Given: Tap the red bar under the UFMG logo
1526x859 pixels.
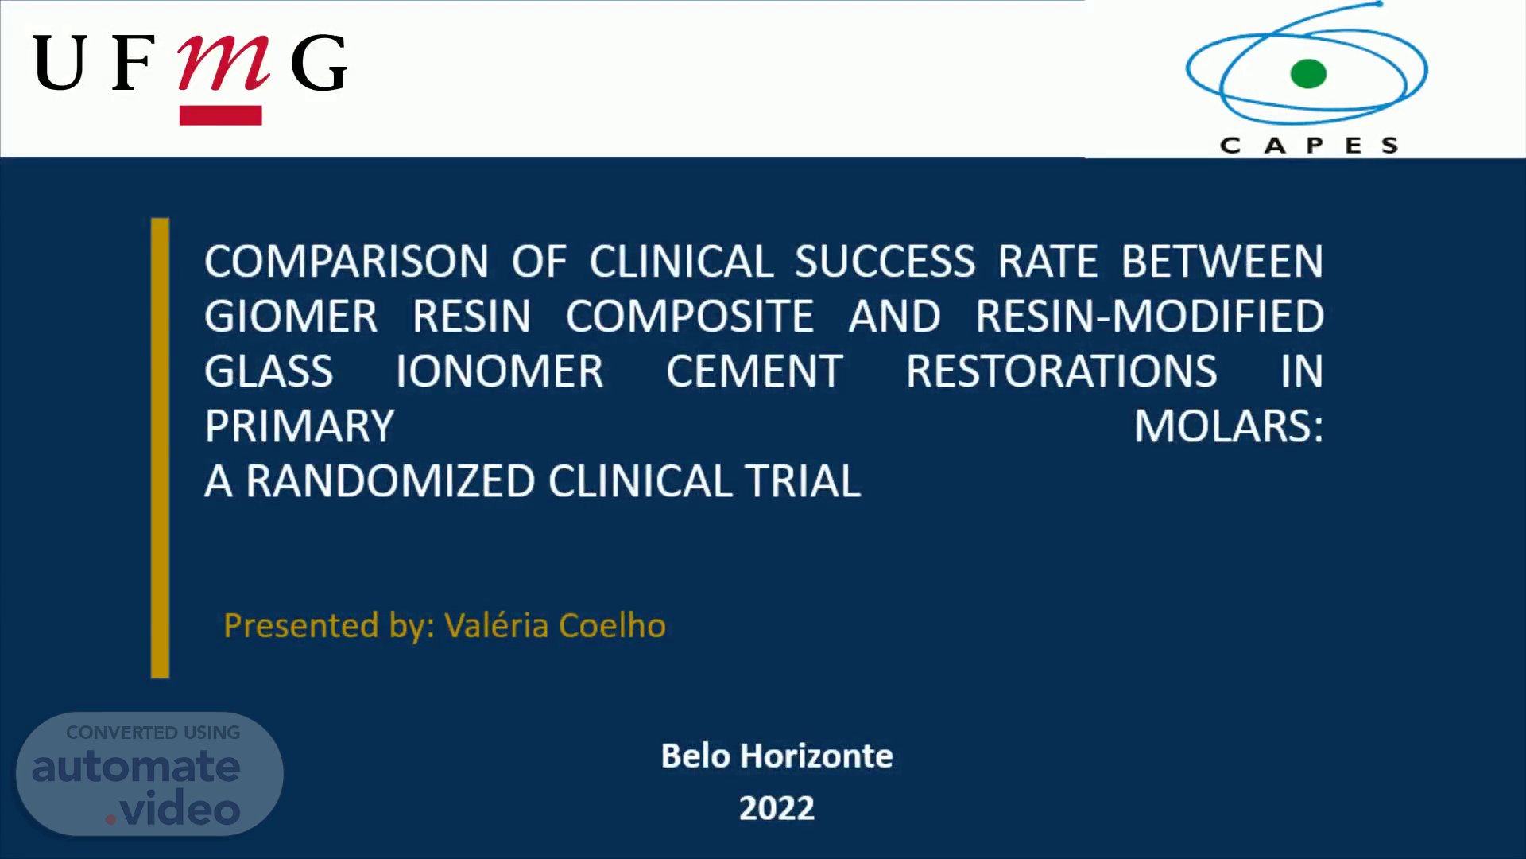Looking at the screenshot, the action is pyautogui.click(x=221, y=115).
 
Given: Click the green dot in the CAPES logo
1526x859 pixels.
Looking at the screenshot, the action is pyautogui.click(x=1308, y=74).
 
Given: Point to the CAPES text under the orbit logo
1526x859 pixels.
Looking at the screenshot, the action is pyautogui.click(x=1309, y=146).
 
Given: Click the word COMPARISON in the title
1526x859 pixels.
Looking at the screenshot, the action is pyautogui.click(x=347, y=262).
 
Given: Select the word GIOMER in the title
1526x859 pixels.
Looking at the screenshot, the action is pyautogui.click(x=291, y=317).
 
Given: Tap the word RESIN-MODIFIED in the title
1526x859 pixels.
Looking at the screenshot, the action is pyautogui.click(x=1149, y=317).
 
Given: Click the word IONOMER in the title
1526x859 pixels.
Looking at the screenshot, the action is pyautogui.click(x=500, y=371).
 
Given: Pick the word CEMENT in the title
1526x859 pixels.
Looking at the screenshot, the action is pyautogui.click(x=754, y=371).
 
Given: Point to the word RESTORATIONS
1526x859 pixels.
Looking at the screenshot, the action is pyautogui.click(x=1061, y=371).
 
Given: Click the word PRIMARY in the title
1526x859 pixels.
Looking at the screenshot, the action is pyautogui.click(x=300, y=426).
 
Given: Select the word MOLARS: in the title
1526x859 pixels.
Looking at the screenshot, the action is pyautogui.click(x=1229, y=426).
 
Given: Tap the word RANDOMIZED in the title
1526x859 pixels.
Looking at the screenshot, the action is pyautogui.click(x=391, y=481).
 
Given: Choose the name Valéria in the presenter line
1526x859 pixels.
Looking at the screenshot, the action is pyautogui.click(x=497, y=625).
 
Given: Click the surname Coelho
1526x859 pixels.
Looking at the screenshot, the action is pyautogui.click(x=612, y=625).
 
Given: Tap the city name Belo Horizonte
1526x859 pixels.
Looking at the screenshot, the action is pyautogui.click(x=777, y=756).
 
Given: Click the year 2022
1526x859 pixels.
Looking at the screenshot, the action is pyautogui.click(x=777, y=808).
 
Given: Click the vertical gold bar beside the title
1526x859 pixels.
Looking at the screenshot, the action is pyautogui.click(x=160, y=448).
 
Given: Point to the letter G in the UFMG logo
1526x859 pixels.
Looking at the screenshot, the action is pyautogui.click(x=319, y=63).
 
